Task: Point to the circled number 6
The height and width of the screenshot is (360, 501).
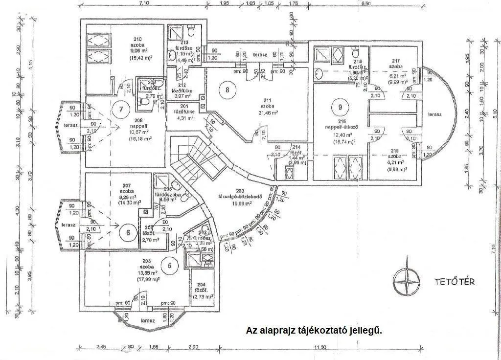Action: point(128,232)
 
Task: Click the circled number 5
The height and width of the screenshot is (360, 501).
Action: point(170,266)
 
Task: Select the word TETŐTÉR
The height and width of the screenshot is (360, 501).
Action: point(455,282)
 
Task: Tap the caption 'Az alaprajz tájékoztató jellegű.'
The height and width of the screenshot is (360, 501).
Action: point(314,331)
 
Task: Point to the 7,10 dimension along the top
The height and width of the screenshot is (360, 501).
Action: point(144,3)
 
